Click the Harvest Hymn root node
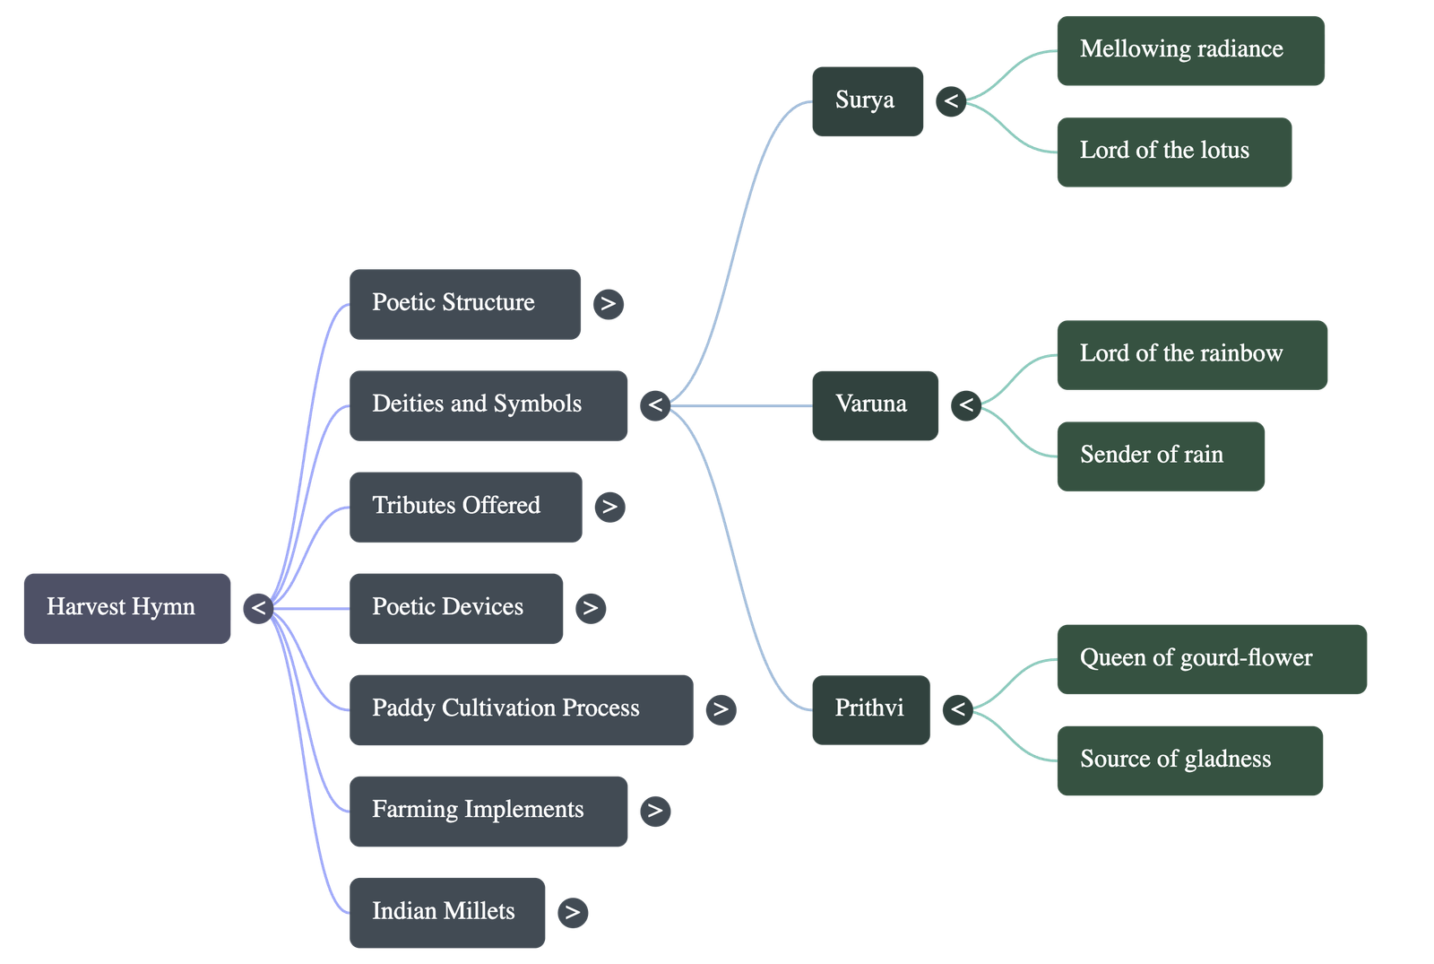pos(126,608)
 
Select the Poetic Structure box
pos(464,303)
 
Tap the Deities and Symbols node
pos(488,405)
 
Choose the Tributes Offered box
pos(465,507)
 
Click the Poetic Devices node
pos(456,608)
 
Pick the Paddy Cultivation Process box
pos(521,709)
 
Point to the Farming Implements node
pos(488,811)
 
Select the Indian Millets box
pos(446,912)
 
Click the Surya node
pos(867,100)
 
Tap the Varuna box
pos(874,405)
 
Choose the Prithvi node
pos(869,709)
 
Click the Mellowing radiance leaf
pos(1190,50)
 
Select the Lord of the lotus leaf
pos(1173,152)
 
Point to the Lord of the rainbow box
pos(1191,354)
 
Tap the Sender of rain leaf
pos(1160,456)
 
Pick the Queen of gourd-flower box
pos(1211,659)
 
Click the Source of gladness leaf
pos(1189,760)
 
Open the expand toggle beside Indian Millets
pos(572,913)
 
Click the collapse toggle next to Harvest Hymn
pos(258,608)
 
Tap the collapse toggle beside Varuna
pos(965,405)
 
